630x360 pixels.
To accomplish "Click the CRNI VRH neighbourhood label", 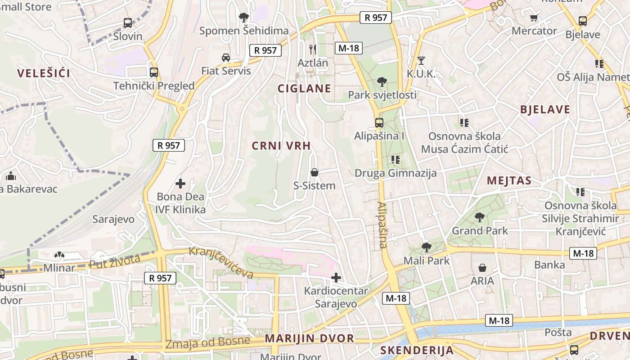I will pos(281,145).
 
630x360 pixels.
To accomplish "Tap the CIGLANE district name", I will pos(304,88).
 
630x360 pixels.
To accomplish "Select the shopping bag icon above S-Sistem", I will pos(315,172).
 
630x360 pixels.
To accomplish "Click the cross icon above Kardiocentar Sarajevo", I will pos(336,277).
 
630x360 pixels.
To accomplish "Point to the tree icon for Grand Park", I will pos(480,217).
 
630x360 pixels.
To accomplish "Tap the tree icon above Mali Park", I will pos(426,247).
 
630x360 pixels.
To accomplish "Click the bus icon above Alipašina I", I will pos(379,122).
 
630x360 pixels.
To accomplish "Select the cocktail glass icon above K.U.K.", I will pos(421,60).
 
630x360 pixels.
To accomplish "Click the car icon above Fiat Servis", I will pos(226,58).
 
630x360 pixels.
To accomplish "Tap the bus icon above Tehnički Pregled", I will pos(154,72).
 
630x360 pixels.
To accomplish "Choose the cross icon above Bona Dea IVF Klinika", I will pos(180,184).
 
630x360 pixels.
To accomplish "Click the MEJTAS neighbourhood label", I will pos(509,181).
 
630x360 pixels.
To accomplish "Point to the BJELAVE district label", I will pos(545,109).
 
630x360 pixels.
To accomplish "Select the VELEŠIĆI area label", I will pos(44,73).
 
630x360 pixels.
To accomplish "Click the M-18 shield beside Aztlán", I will pos(349,48).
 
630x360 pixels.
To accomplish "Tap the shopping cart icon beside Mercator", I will pos(534,18).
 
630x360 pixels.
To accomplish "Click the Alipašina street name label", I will pos(382,225).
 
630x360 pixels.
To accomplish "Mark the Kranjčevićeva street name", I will pos(221,262).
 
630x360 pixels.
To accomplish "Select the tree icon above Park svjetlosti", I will pos(382,82).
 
